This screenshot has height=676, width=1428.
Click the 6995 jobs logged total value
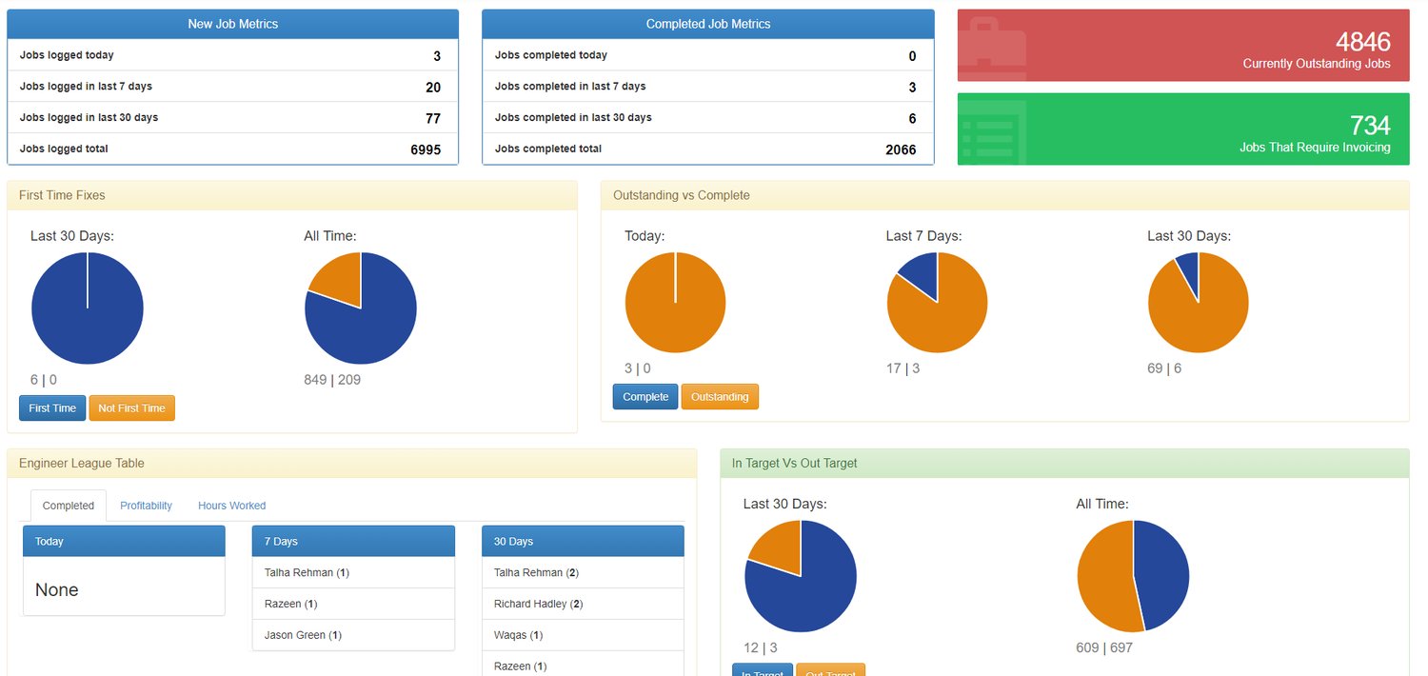[425, 149]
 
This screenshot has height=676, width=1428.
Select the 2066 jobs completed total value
[900, 149]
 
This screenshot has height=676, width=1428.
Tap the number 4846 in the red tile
[1362, 42]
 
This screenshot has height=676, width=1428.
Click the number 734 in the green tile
[1369, 126]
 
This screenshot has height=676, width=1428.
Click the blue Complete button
[645, 397]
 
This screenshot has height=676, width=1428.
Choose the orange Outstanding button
[720, 397]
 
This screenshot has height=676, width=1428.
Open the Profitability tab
[146, 506]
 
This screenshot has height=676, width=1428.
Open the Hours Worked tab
[231, 506]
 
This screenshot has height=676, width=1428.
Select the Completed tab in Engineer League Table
[69, 506]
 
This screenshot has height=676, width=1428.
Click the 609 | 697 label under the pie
[1104, 648]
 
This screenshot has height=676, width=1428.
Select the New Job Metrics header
[233, 24]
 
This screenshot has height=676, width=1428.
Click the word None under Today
[57, 590]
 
